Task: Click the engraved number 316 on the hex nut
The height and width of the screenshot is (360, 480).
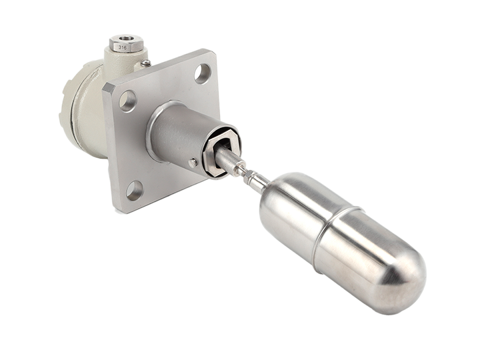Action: point(123,47)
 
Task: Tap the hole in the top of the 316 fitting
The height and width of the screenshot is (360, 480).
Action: point(125,39)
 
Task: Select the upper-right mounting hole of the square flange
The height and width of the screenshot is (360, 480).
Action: point(203,73)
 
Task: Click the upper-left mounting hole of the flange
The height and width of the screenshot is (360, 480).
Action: point(127,101)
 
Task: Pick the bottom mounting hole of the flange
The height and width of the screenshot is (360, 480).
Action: point(134,191)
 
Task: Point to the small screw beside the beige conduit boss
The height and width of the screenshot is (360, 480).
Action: point(146,63)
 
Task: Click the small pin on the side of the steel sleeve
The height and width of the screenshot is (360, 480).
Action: point(193,163)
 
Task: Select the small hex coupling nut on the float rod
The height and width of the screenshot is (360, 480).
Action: point(249,175)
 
